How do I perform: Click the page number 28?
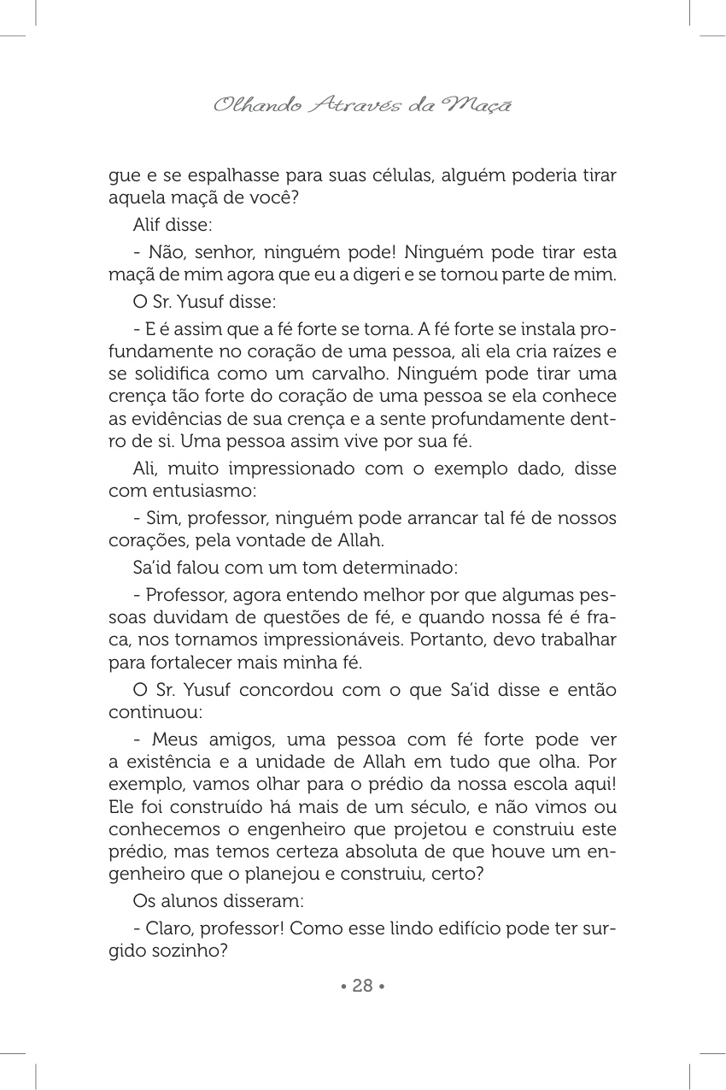(363, 986)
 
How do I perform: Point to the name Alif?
(146, 226)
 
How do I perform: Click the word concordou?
(290, 689)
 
